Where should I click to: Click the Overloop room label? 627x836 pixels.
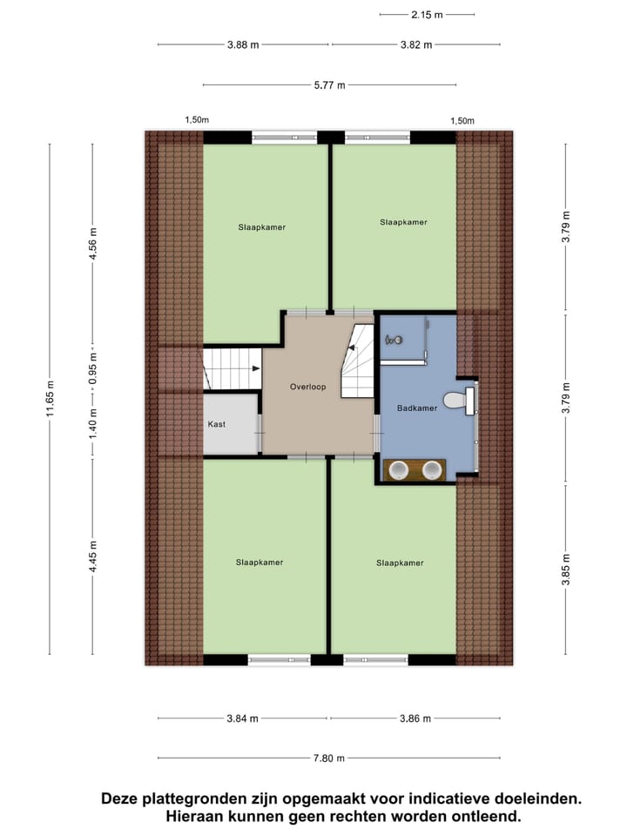point(307,387)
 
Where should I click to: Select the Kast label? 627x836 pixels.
point(217,424)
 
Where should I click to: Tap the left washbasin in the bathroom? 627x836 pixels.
point(398,470)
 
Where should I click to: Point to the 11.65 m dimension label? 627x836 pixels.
point(51,399)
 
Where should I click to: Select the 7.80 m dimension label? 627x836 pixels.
point(328,758)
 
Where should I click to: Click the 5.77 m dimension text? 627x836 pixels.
point(328,85)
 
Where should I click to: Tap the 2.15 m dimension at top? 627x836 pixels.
point(427,14)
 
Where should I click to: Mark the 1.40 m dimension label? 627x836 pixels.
point(93,422)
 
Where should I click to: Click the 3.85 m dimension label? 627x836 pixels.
point(566,571)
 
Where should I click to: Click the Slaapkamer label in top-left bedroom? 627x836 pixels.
point(261,227)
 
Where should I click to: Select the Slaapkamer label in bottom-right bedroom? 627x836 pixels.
point(400,563)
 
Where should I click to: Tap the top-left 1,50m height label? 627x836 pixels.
point(197,121)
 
